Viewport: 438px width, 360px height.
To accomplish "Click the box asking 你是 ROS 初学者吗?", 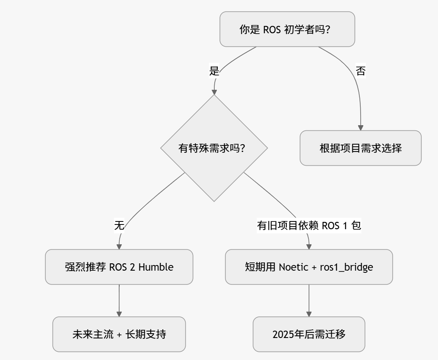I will (x=287, y=29).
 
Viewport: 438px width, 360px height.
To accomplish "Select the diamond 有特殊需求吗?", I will (x=214, y=148).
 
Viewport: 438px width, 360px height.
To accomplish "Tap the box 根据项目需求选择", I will (x=360, y=148).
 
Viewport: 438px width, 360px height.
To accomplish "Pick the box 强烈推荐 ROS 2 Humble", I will (x=119, y=267).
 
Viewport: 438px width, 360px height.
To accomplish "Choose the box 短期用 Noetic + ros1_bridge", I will (x=309, y=267).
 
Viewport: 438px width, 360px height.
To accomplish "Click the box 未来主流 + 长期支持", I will (x=119, y=334).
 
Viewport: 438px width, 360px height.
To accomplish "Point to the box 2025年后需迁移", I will (x=309, y=334).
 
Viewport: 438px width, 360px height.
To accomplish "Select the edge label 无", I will (x=119, y=225).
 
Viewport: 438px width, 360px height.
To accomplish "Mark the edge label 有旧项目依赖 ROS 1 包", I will (x=309, y=225).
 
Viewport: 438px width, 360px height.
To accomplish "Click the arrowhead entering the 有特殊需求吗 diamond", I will (x=214, y=92).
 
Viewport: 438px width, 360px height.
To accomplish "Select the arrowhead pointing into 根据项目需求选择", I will (x=360, y=128).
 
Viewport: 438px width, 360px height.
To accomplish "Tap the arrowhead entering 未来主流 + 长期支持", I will (x=119, y=314).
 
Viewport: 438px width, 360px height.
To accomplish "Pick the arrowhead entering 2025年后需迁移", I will (x=309, y=314).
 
